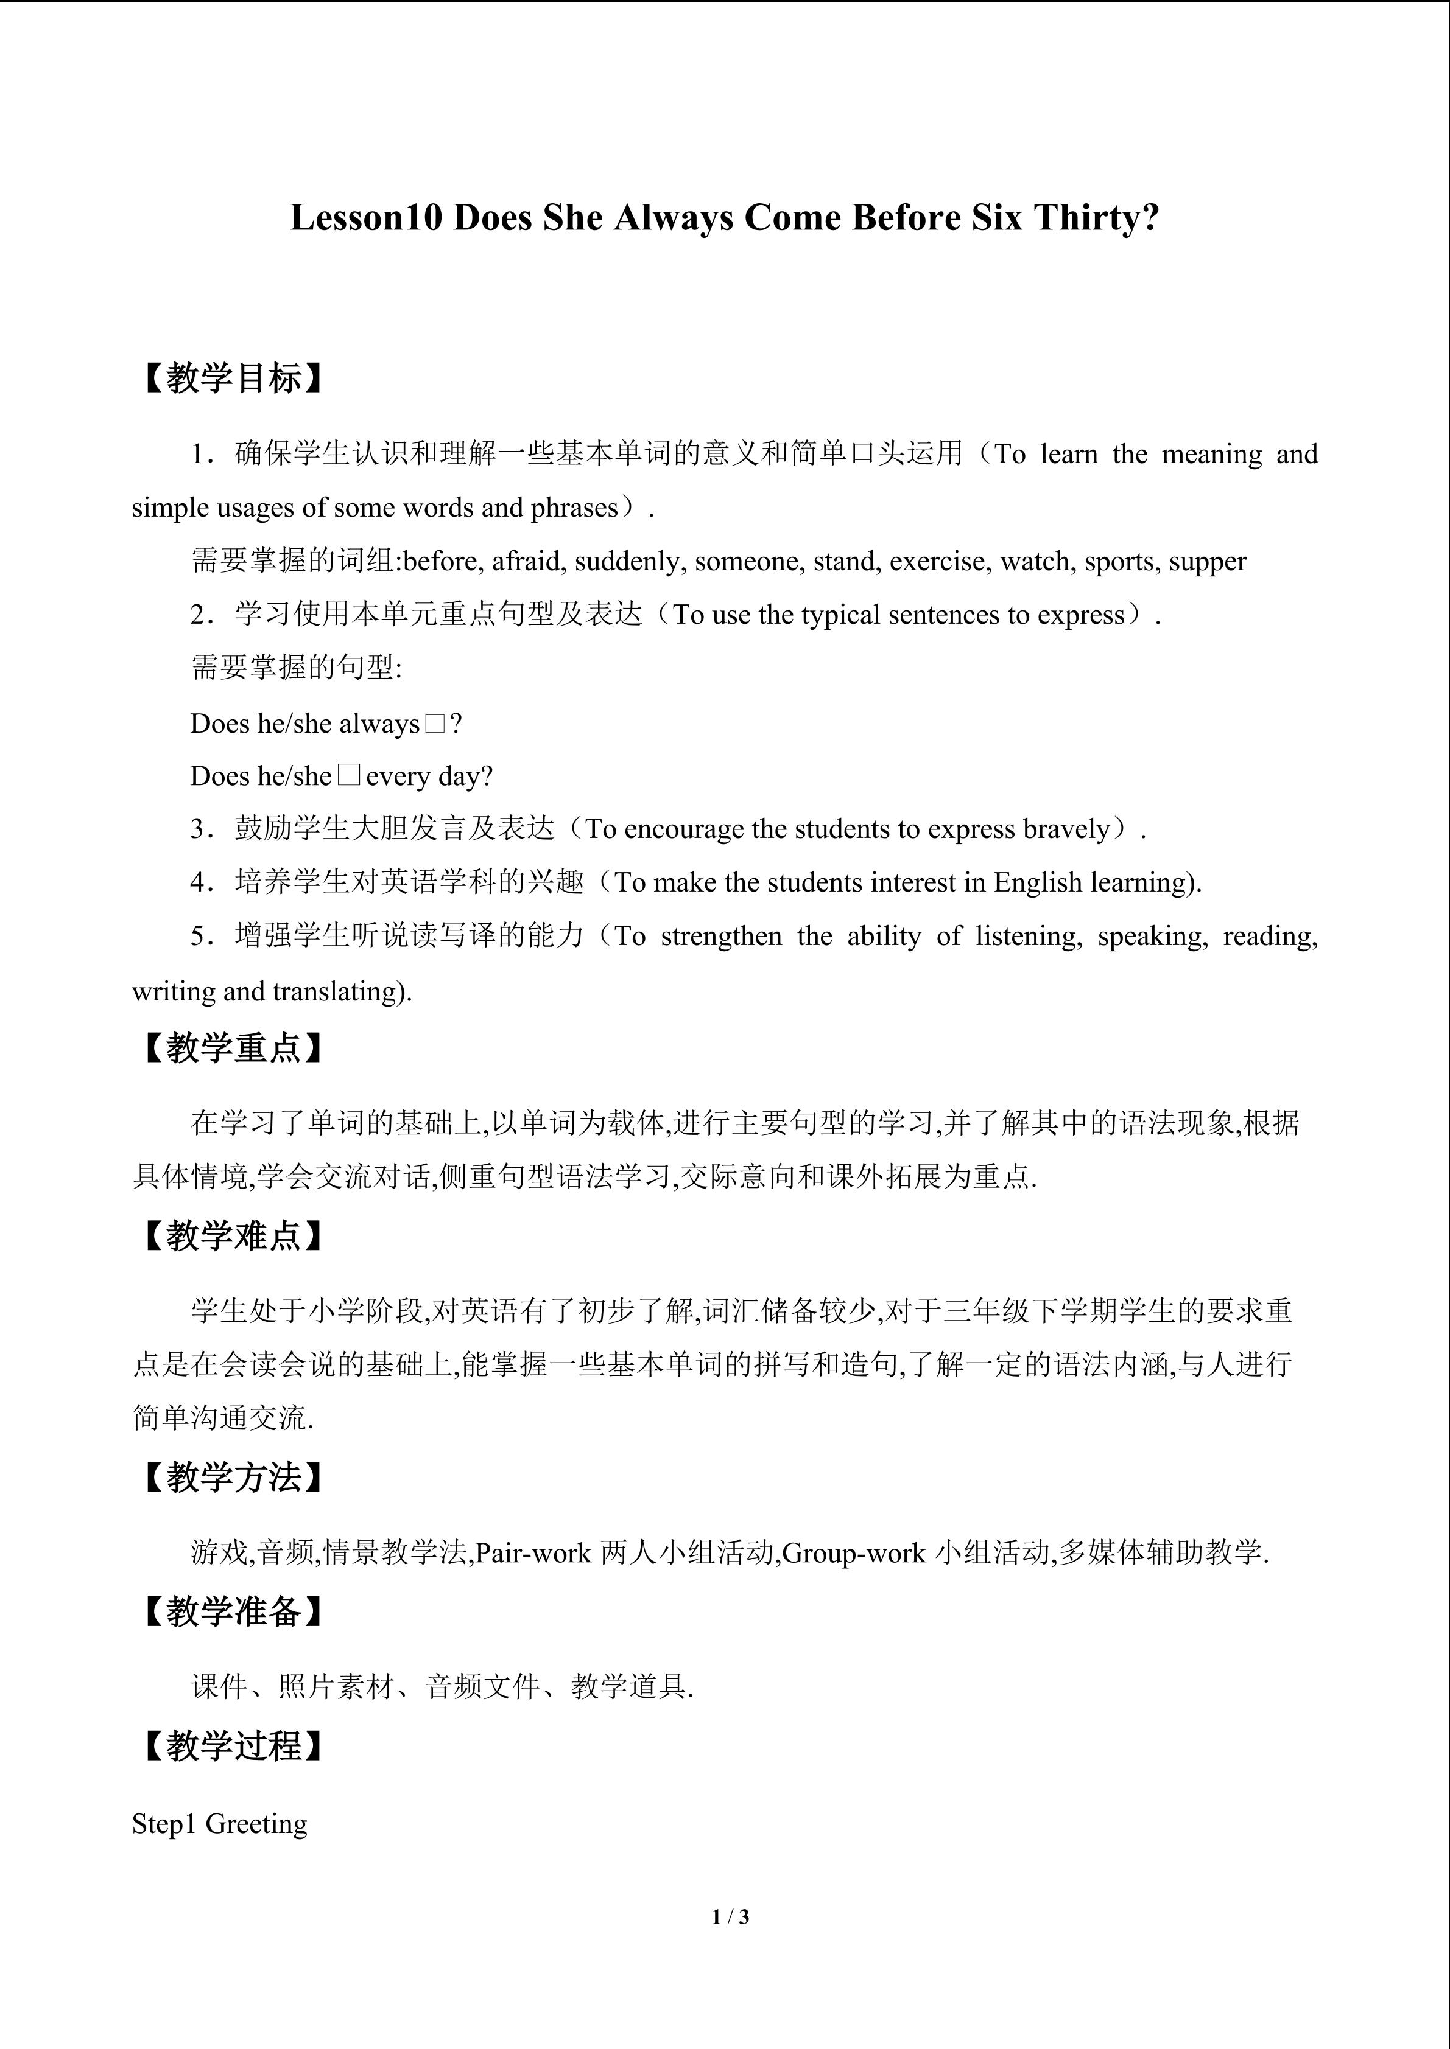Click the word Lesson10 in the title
pos(366,218)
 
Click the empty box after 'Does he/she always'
pos(435,724)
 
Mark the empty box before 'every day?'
pos(349,775)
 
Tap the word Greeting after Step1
pos(256,1824)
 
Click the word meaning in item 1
pos(1212,454)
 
